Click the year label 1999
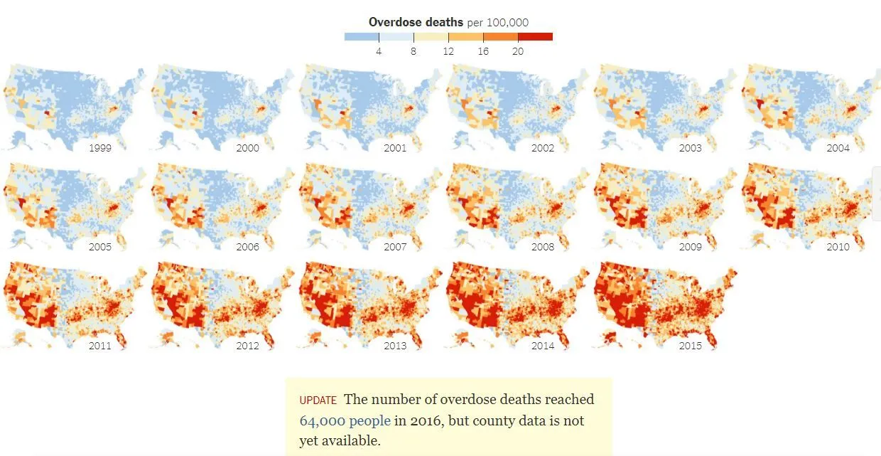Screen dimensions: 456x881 [99, 148]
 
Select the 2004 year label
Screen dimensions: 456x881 [838, 148]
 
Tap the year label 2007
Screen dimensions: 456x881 [395, 247]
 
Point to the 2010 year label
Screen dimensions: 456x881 [838, 247]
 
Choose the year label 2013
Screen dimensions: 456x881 [395, 346]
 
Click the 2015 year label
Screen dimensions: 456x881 [690, 346]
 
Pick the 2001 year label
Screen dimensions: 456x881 [395, 148]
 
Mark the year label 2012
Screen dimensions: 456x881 [247, 346]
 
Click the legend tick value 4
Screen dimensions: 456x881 [379, 51]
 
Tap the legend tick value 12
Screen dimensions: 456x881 [448, 51]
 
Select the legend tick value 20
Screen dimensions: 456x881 [518, 51]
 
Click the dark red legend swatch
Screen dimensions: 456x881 [535, 36]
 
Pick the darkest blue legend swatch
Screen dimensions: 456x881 [361, 36]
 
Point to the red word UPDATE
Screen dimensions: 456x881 [318, 401]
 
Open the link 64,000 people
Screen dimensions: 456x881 [345, 420]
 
